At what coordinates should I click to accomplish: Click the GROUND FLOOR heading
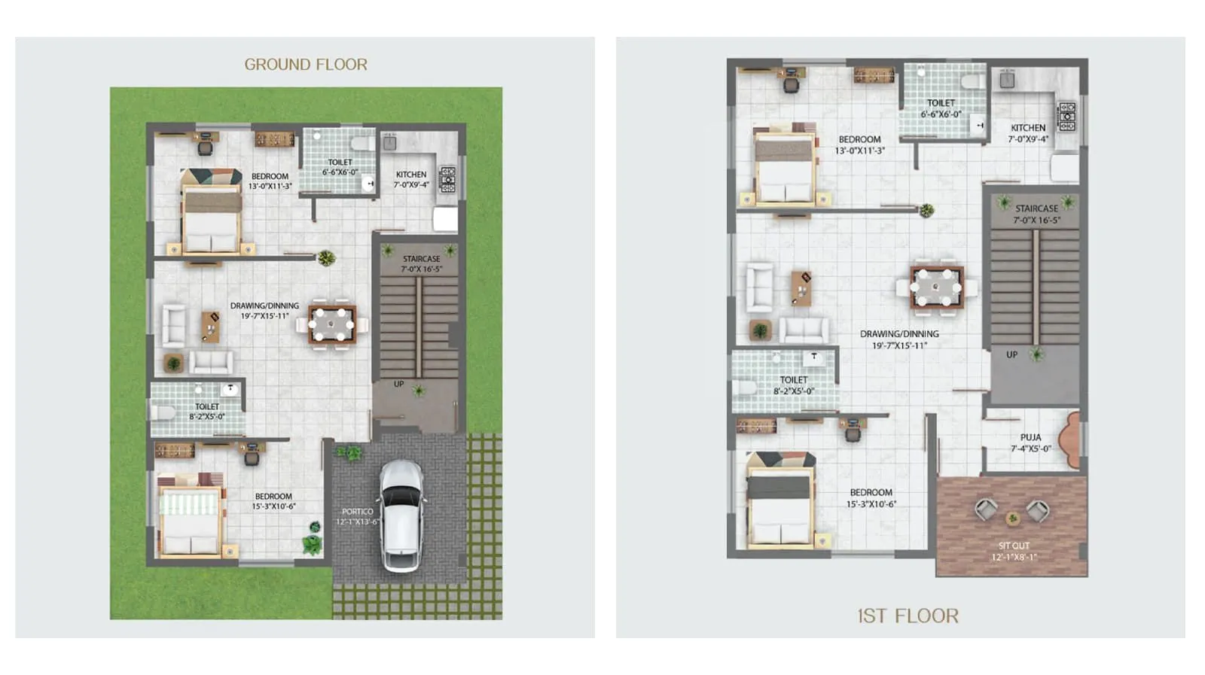pos(306,65)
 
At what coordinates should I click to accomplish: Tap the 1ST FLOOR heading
pos(908,616)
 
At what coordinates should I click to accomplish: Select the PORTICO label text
pos(357,512)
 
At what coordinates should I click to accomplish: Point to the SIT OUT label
pos(1014,546)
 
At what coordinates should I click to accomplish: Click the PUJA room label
pos(1030,437)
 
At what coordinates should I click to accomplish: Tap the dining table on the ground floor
pos(331,325)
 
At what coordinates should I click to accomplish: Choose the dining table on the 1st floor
pos(936,287)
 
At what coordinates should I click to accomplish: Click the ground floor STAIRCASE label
pos(421,259)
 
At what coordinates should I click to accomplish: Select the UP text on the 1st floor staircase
pos(1011,354)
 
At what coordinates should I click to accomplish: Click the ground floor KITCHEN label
pos(411,175)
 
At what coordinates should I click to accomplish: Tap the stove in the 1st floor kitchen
pos(1066,117)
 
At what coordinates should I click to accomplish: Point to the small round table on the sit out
pos(1013,518)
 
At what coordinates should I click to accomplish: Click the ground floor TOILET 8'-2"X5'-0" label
pos(206,411)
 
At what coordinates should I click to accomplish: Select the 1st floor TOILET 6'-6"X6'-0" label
pos(941,108)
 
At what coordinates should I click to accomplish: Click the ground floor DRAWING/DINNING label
pos(264,306)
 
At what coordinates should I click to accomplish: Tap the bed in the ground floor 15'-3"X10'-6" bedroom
pos(191,520)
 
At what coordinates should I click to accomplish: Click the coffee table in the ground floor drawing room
pos(211,327)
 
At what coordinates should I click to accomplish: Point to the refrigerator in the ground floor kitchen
pos(445,219)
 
